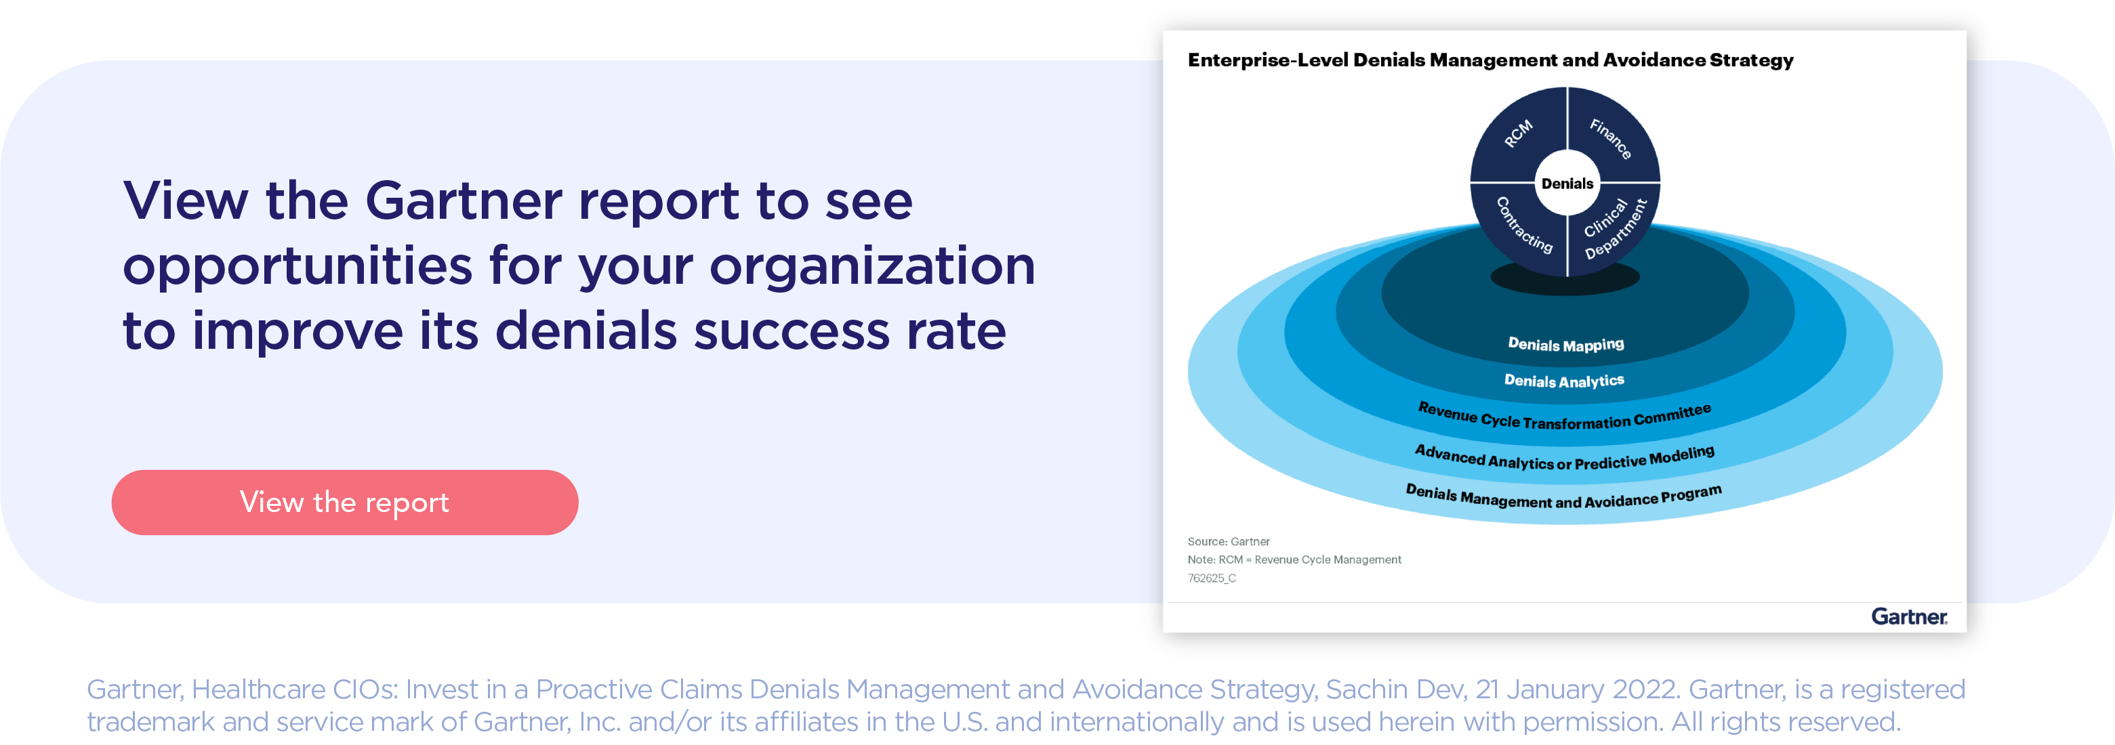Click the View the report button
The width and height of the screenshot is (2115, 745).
(x=345, y=502)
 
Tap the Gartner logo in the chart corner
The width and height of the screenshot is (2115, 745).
(x=1909, y=616)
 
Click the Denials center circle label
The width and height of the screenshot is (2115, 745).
(x=1567, y=183)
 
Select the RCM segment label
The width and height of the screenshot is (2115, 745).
(x=1518, y=133)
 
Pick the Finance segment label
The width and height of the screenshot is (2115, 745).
(x=1611, y=138)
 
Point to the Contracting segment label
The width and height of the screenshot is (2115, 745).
(x=1524, y=225)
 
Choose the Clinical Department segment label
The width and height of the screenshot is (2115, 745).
(x=1614, y=228)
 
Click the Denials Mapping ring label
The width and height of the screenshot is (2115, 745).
(x=1565, y=345)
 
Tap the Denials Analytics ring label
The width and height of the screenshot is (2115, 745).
(x=1564, y=381)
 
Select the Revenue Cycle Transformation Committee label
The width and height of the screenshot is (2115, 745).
(x=1565, y=417)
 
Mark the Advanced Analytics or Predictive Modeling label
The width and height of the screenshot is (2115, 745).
(x=1565, y=458)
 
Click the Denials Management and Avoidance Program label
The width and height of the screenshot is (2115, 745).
(x=1564, y=496)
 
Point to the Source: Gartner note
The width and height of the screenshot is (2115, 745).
(x=1229, y=542)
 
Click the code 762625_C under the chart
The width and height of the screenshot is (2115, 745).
(x=1212, y=578)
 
